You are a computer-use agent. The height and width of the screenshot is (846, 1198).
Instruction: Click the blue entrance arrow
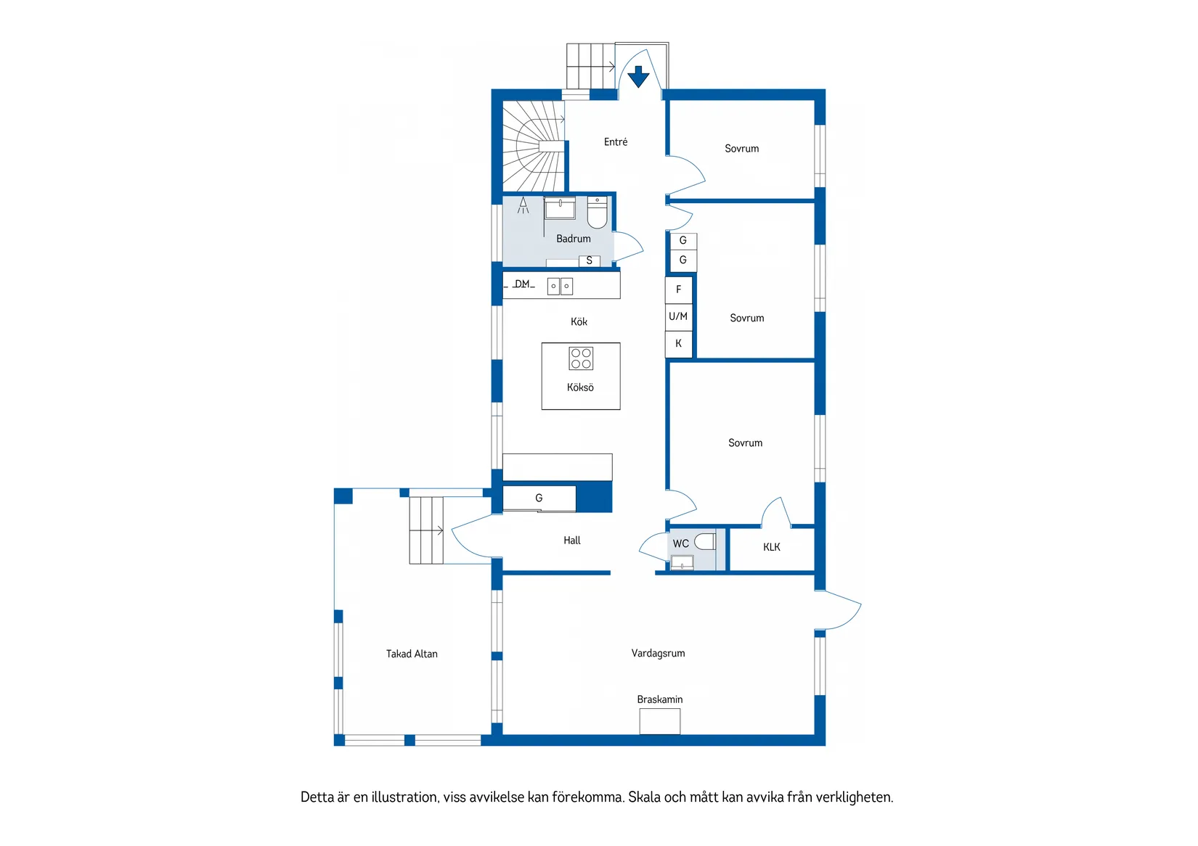point(638,76)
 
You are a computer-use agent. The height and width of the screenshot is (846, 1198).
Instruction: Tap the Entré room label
point(616,141)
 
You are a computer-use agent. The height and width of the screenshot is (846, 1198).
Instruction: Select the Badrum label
point(574,239)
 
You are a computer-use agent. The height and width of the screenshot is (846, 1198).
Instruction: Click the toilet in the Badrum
point(598,212)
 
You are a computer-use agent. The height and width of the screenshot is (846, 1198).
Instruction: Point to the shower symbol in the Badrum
point(523,205)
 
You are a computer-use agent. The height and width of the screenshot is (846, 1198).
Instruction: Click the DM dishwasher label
point(522,284)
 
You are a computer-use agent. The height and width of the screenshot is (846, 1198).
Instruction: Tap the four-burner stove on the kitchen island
point(581,358)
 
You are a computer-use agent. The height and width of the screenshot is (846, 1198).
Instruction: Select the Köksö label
point(580,387)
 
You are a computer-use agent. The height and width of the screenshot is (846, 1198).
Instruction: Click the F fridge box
point(679,289)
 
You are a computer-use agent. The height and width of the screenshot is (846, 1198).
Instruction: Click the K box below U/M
point(679,344)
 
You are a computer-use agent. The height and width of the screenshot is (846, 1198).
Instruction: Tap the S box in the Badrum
point(590,260)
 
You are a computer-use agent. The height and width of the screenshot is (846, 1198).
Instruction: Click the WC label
point(681,543)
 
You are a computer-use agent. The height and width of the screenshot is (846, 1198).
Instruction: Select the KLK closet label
point(772,547)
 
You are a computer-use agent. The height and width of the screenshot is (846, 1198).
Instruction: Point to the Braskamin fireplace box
point(660,721)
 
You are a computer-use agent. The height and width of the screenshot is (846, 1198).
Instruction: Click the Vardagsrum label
point(658,653)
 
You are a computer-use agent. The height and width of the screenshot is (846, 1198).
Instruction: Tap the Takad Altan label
point(412,654)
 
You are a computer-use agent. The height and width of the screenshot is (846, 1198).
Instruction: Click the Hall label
point(571,541)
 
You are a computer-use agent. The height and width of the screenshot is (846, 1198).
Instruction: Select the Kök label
point(579,321)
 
